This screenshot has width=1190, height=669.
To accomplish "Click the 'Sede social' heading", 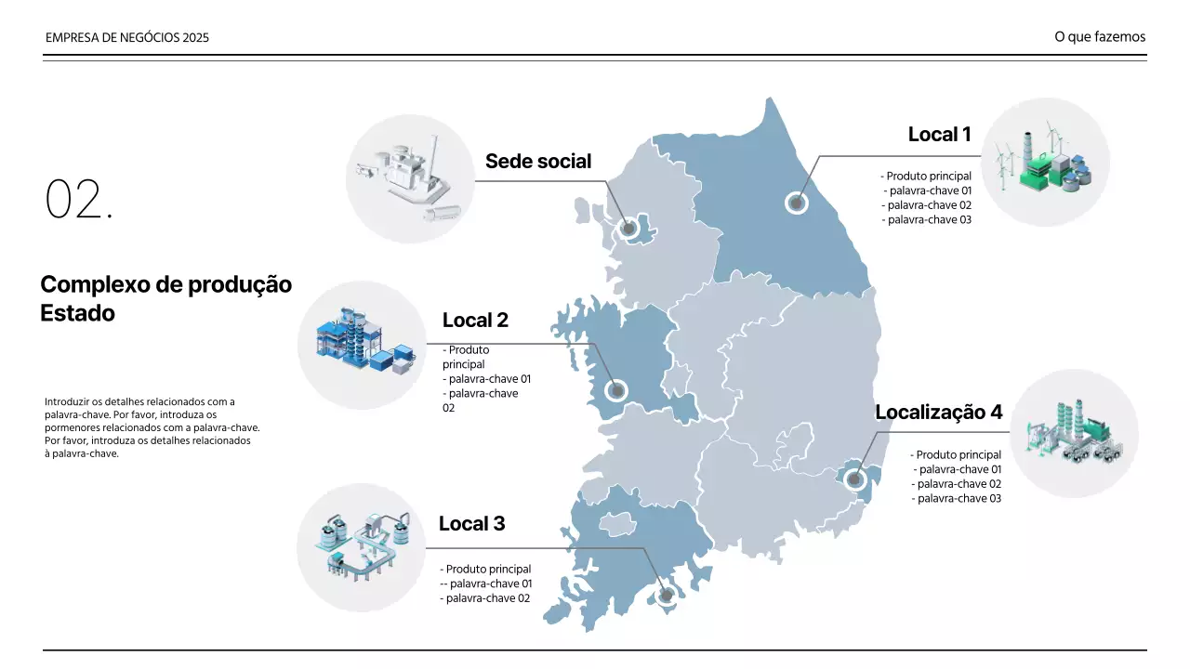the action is pyautogui.click(x=538, y=162).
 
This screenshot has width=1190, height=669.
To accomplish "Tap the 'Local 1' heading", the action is pyautogui.click(x=939, y=135).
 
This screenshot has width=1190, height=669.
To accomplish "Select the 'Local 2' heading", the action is pyautogui.click(x=475, y=321).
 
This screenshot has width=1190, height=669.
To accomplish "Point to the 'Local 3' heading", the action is pyautogui.click(x=471, y=523).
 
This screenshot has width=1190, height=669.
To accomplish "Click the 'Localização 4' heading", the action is pyautogui.click(x=939, y=412).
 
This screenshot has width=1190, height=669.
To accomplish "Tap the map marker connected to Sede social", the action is pyautogui.click(x=629, y=229).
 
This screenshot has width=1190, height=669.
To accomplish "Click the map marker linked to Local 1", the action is pyautogui.click(x=797, y=203).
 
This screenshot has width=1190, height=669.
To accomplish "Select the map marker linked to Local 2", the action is pyautogui.click(x=616, y=391).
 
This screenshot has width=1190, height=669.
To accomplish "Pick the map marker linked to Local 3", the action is pyautogui.click(x=667, y=596).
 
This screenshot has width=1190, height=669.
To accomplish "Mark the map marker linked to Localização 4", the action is pyautogui.click(x=854, y=479).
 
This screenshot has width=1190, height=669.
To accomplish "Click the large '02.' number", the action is pyautogui.click(x=79, y=199).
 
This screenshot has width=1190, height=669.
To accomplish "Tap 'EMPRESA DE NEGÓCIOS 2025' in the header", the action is pyautogui.click(x=127, y=38).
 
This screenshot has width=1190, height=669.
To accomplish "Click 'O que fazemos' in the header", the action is pyautogui.click(x=1100, y=36).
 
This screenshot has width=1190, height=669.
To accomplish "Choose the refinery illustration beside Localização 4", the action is pyautogui.click(x=1074, y=433).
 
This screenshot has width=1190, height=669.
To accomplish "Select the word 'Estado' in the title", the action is pyautogui.click(x=77, y=313).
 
